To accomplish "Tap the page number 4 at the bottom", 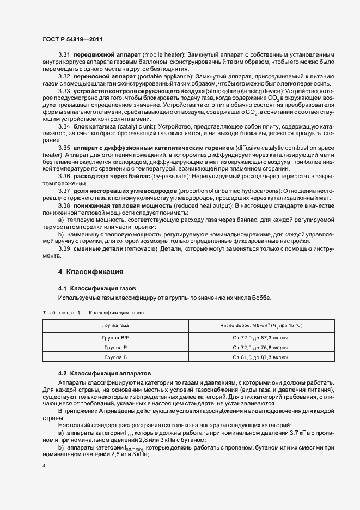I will tap(44, 466).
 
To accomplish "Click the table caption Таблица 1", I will tap(93, 313).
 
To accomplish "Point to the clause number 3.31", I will tap(64, 56).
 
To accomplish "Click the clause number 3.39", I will tap(64, 248).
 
